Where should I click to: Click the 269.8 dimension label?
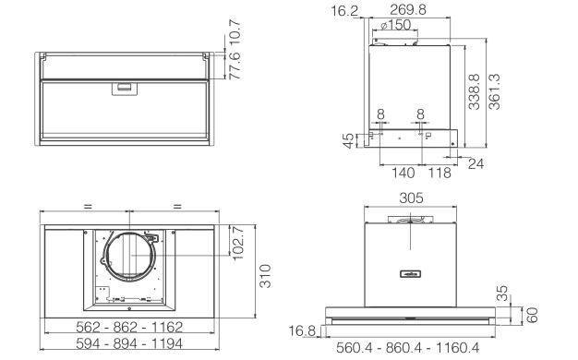408,9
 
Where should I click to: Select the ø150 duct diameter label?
395,25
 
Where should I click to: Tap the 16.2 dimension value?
344,11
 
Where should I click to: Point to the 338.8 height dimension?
474,91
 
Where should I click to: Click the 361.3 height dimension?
494,91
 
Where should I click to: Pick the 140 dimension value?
403,173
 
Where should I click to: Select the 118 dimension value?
440,173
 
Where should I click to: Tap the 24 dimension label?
476,163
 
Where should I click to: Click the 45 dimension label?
348,140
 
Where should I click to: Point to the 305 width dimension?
412,198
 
